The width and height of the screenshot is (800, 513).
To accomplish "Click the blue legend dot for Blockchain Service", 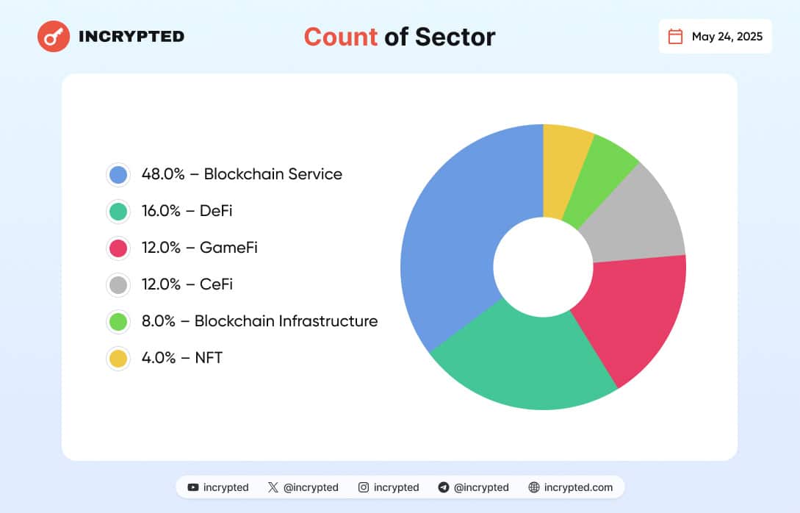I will point(118,174).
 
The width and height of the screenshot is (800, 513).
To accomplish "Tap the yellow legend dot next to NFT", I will point(118,359).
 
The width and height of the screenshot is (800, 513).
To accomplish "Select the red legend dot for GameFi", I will point(118,248).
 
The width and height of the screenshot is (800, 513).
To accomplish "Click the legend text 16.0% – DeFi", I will point(187,211).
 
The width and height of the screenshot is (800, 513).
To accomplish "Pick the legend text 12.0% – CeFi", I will point(187,284).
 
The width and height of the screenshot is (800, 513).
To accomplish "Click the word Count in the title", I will point(341,37).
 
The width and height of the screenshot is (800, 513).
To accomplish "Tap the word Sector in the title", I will point(455,37).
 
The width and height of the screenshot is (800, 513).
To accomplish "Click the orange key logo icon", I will point(53,36).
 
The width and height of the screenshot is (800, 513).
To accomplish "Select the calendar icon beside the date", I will point(675,37).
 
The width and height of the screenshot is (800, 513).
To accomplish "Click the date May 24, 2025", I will point(727,37).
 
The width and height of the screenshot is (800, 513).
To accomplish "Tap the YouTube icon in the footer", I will point(193,487).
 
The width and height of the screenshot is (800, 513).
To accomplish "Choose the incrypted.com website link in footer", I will point(570,487).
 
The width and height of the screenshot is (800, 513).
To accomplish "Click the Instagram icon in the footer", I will point(364,487).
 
